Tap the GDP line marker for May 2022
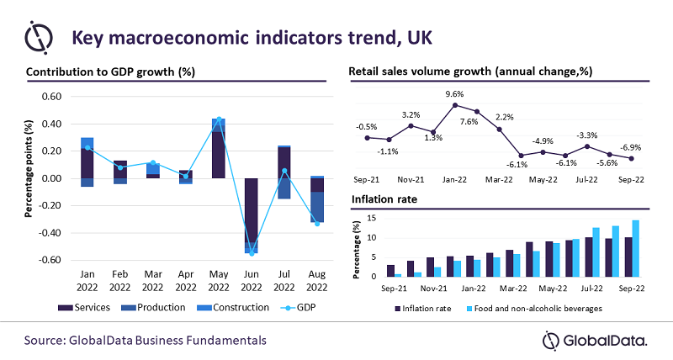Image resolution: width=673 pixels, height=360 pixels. pyautogui.click(x=219, y=119)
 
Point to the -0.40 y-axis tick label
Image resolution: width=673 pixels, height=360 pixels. pyautogui.click(x=51, y=233)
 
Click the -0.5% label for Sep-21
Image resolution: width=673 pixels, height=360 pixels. pyautogui.click(x=367, y=127)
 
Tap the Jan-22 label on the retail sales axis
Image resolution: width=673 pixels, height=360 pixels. pyautogui.click(x=455, y=178)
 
